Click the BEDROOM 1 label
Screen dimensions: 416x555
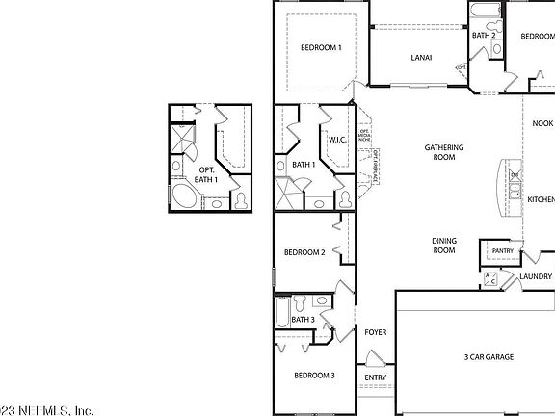click(x=321, y=47)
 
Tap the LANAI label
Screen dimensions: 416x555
click(x=421, y=58)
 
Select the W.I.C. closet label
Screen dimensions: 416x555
click(x=337, y=140)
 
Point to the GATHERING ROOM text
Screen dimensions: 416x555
click(x=445, y=153)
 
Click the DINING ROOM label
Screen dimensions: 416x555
click(x=443, y=245)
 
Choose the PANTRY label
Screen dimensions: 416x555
click(x=502, y=251)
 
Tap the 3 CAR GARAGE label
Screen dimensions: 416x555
click(x=489, y=357)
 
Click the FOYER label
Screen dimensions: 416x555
click(x=375, y=332)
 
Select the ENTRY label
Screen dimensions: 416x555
click(x=375, y=377)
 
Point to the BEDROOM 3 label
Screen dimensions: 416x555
click(x=314, y=375)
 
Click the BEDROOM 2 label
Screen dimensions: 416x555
click(x=304, y=252)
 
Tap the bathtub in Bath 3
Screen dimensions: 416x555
click(x=280, y=310)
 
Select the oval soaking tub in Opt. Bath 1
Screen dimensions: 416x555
click(x=185, y=199)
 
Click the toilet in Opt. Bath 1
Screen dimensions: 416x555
click(x=239, y=200)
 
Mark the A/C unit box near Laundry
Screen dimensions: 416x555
click(x=489, y=279)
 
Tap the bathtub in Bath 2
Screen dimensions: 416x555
click(x=485, y=16)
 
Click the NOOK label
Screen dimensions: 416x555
click(x=542, y=123)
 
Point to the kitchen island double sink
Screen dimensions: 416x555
click(x=515, y=181)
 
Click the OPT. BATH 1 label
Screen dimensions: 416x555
click(x=206, y=174)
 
